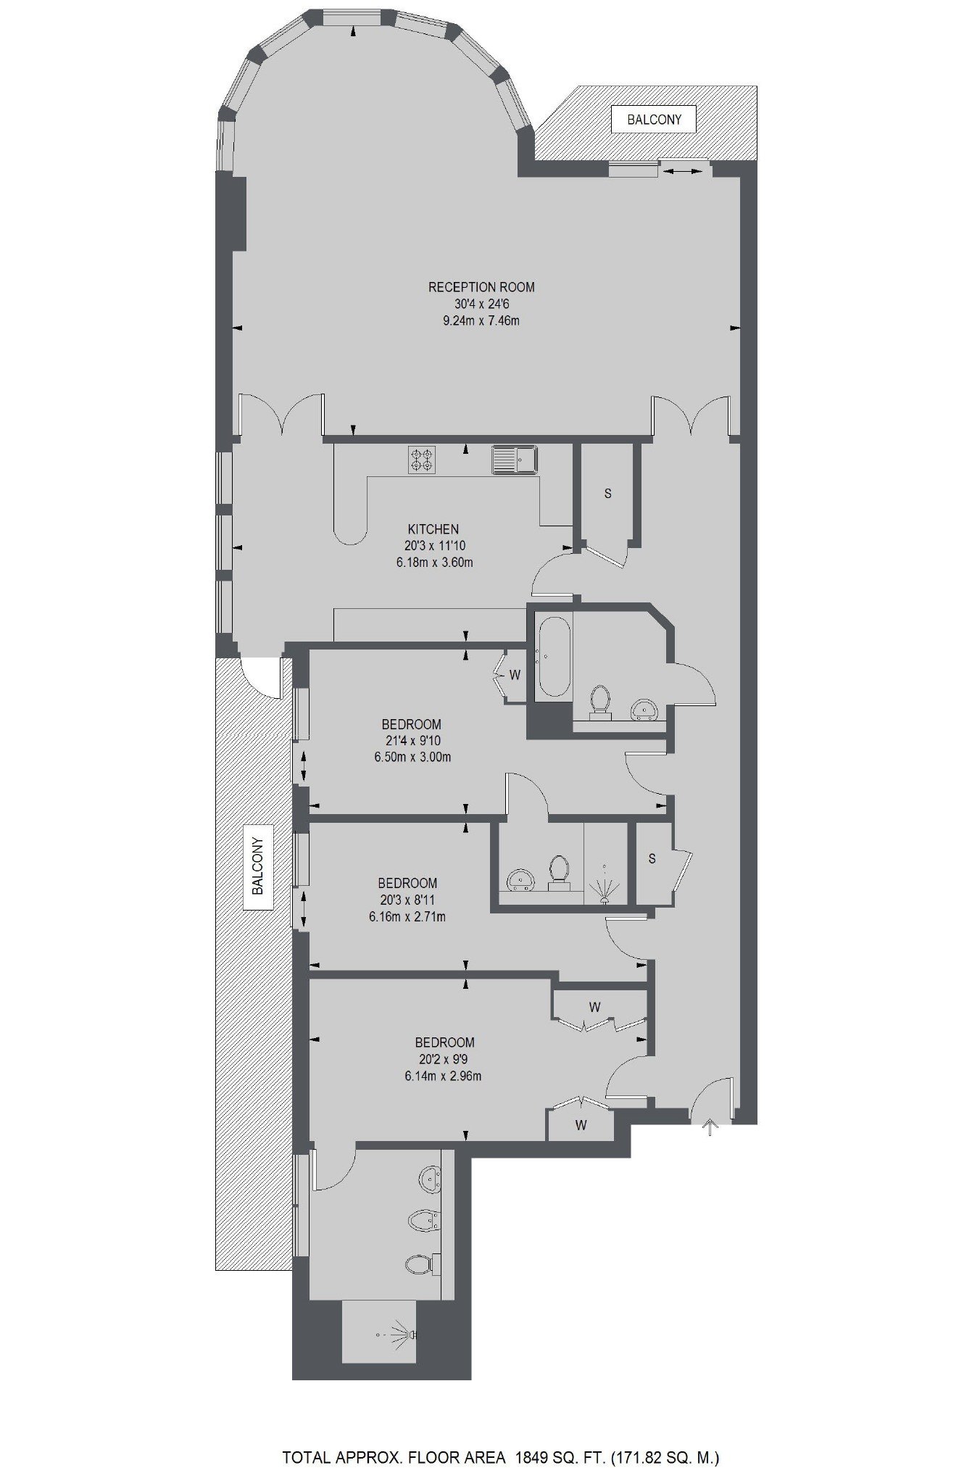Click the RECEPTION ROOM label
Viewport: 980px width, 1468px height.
coord(481,287)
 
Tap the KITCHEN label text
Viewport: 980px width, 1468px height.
coord(433,529)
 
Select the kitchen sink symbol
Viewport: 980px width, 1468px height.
coord(515,459)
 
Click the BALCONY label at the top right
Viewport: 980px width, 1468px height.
coord(654,119)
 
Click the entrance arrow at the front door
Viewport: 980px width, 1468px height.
coord(710,1127)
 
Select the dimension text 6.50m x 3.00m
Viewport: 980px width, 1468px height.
coord(412,758)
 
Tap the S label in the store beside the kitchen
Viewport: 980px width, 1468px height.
coord(608,494)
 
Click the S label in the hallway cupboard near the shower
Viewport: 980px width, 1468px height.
coord(652,859)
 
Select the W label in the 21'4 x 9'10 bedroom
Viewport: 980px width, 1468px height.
coord(515,675)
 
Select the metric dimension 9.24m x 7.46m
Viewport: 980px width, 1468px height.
coord(481,320)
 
